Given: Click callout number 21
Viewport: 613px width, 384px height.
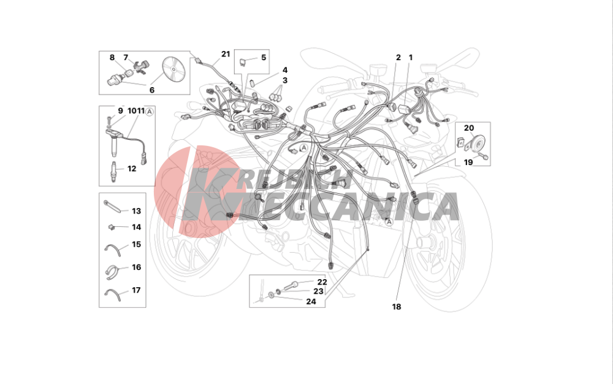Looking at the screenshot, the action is [x=226, y=54].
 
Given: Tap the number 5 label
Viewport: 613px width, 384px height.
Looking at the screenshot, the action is [x=264, y=58].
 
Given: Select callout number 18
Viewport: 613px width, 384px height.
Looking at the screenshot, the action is [x=397, y=307].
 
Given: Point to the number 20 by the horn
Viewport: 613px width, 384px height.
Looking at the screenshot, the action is [x=469, y=128].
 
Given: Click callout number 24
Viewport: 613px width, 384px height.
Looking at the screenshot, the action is [x=311, y=301].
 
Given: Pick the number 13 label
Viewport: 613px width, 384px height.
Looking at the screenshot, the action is [x=136, y=211].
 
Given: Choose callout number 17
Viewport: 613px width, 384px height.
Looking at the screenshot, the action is [x=136, y=290].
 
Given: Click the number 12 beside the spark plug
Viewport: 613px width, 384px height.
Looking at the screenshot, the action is [x=132, y=169].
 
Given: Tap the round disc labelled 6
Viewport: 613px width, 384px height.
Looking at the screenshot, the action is [x=172, y=69].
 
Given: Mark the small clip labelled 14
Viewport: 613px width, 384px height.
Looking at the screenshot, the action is [x=111, y=226].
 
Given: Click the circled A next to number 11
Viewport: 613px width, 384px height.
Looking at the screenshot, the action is [x=150, y=112].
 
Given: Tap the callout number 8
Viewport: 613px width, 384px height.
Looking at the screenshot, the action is [x=112, y=58].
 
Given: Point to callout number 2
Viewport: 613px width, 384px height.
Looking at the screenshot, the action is [x=398, y=58].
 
